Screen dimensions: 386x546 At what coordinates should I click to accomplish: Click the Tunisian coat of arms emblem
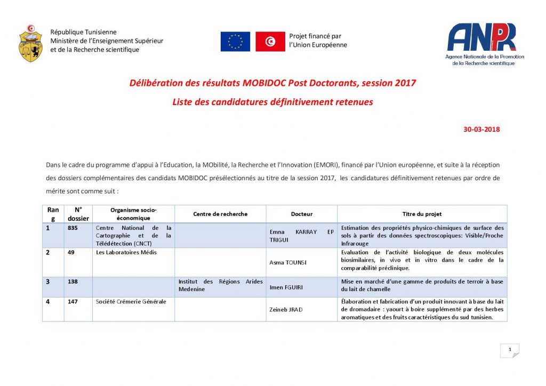point(30,43)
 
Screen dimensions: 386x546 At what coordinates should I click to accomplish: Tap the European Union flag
point(235,42)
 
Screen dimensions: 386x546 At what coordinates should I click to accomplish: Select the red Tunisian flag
point(270,42)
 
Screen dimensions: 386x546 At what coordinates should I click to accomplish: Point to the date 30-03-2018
point(481,129)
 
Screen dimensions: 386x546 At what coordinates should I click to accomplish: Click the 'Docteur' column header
point(302,214)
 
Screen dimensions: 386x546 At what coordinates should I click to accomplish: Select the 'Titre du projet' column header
point(422,214)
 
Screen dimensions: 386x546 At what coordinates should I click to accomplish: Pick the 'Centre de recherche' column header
point(220,214)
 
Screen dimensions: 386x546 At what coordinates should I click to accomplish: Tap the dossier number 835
point(73,228)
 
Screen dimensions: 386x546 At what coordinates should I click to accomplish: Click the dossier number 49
point(71,252)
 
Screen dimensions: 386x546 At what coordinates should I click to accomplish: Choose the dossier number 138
point(73,281)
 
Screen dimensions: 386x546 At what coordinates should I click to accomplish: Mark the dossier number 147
point(73,301)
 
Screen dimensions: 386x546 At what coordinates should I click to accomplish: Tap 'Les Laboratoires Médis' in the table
point(126,252)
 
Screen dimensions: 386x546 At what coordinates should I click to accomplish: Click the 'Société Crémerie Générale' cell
point(131,301)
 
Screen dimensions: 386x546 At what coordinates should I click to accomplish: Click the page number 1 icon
point(510,350)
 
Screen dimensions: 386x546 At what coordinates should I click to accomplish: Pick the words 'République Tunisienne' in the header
point(83,32)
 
